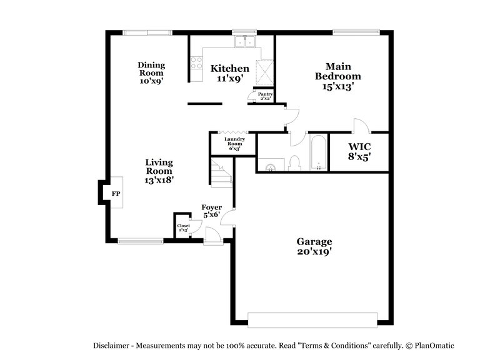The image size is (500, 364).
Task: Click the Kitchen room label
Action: (229, 74)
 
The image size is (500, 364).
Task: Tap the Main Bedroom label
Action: (338, 77)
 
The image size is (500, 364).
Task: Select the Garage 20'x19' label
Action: (314, 247)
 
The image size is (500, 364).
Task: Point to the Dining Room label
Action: (151, 72)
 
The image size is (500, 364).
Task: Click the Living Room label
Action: (159, 170)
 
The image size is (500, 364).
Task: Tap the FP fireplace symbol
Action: (116, 194)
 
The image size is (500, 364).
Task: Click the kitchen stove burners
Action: (196, 63)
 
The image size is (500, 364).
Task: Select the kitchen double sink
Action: (244, 42)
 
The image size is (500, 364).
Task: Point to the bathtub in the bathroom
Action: (318, 153)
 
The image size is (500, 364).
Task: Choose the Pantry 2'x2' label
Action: (257, 96)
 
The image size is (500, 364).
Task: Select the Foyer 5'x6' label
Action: (211, 211)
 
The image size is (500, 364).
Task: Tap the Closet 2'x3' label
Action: (184, 227)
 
